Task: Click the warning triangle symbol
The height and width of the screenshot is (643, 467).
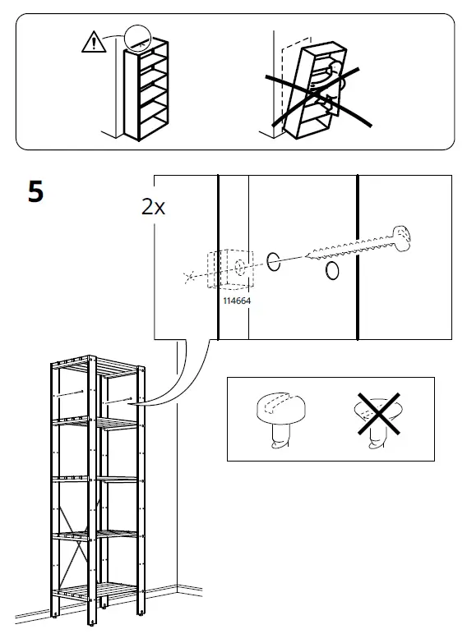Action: pos(94,42)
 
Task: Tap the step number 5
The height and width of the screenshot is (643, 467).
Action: pos(35,192)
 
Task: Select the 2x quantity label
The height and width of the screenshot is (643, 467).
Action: pos(153,207)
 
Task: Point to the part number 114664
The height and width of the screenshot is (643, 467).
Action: pos(237,301)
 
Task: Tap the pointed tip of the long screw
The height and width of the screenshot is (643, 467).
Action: pos(306,256)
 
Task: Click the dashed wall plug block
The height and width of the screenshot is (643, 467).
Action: pos(230,269)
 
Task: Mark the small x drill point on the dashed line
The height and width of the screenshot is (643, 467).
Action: pos(189,278)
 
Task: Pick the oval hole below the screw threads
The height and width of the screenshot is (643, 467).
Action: pos(332,271)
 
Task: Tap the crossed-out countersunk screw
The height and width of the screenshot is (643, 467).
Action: pos(378,420)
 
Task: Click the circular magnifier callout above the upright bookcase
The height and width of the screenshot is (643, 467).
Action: pos(138,38)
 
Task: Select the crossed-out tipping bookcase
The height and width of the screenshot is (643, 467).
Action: pos(317,90)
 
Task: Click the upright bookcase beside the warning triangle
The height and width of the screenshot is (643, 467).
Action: pos(146,90)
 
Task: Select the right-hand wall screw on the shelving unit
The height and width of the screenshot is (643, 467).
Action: pos(118,401)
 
